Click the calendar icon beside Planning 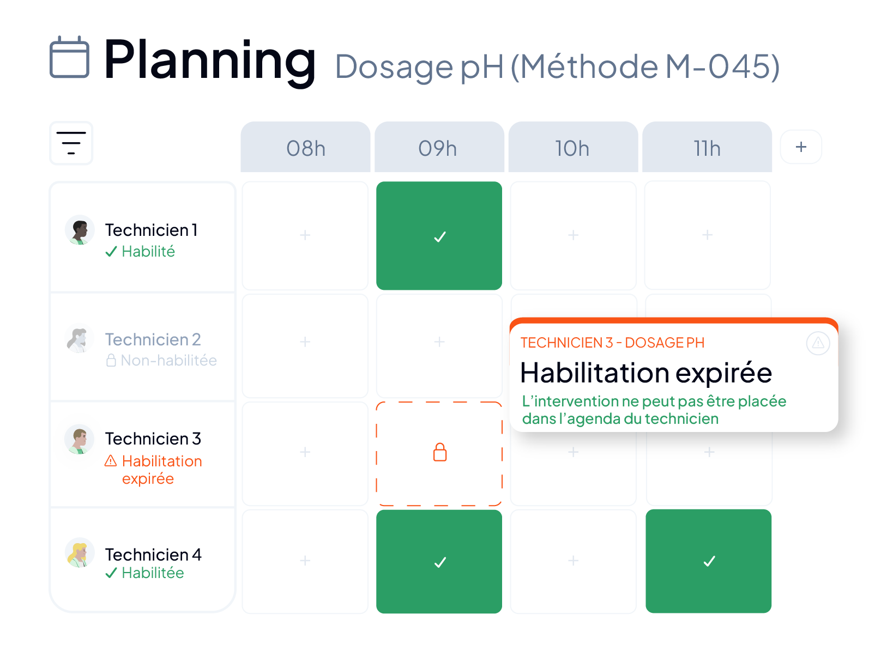[70, 57]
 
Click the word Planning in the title [209, 62]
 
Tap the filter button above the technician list [71, 143]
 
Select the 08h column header [305, 147]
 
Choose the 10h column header [573, 147]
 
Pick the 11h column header [707, 147]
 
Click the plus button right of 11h [801, 147]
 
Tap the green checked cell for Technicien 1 [439, 236]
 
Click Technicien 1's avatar [80, 230]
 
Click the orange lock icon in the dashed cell [440, 452]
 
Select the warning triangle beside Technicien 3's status [111, 461]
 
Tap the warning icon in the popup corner [818, 343]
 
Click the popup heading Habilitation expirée [646, 373]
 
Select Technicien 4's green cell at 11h [709, 561]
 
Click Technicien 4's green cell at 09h [439, 562]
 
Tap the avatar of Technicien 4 [80, 552]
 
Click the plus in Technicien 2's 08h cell [305, 342]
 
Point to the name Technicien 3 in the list [153, 439]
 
